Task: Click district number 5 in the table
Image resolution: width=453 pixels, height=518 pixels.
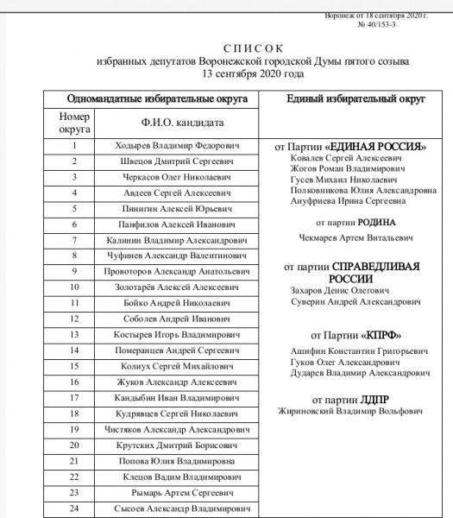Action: point(74,208)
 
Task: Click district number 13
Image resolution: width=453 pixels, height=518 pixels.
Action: point(74,333)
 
